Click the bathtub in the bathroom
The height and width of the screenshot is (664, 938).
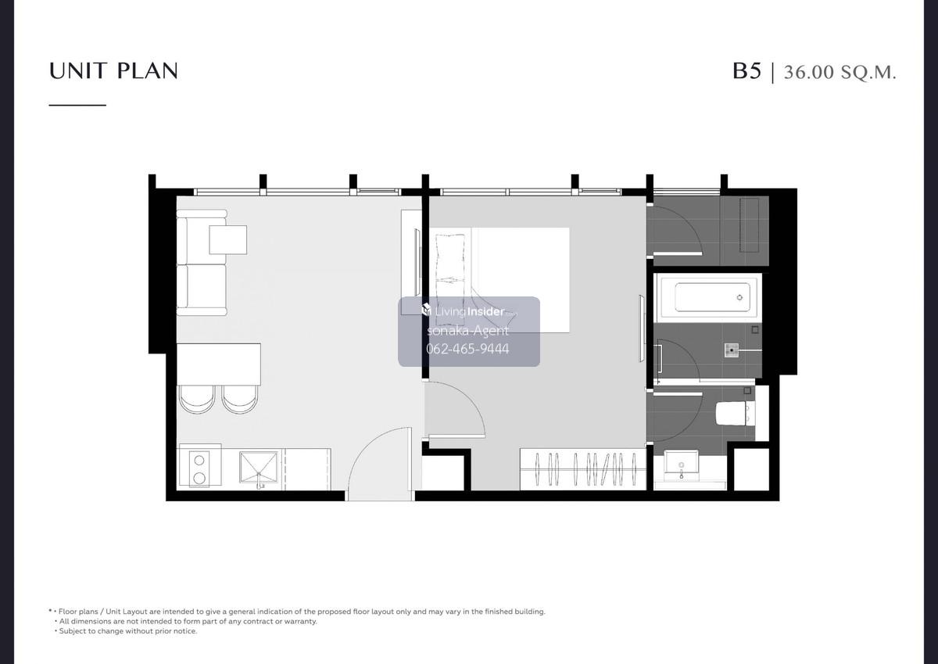(x=707, y=297)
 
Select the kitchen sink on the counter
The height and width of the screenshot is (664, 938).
(x=259, y=467)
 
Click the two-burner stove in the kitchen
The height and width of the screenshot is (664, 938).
(x=199, y=468)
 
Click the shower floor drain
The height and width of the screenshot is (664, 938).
(x=732, y=350)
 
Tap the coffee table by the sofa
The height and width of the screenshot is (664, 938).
(x=227, y=239)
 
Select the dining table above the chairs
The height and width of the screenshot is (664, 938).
(x=219, y=364)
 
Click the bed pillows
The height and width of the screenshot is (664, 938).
(x=450, y=280)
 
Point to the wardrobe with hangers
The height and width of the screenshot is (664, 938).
(x=583, y=469)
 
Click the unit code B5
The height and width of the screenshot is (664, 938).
(x=746, y=71)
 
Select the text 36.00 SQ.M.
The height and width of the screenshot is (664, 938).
(x=840, y=73)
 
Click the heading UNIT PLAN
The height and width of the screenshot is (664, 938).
(x=113, y=71)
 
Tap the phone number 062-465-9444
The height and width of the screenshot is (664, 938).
(x=467, y=349)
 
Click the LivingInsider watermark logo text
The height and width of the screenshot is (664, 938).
(x=469, y=311)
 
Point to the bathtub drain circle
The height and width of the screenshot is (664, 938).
(x=740, y=297)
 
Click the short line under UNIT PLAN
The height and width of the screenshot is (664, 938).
(x=77, y=105)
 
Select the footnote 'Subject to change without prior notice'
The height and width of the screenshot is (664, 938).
(x=127, y=631)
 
